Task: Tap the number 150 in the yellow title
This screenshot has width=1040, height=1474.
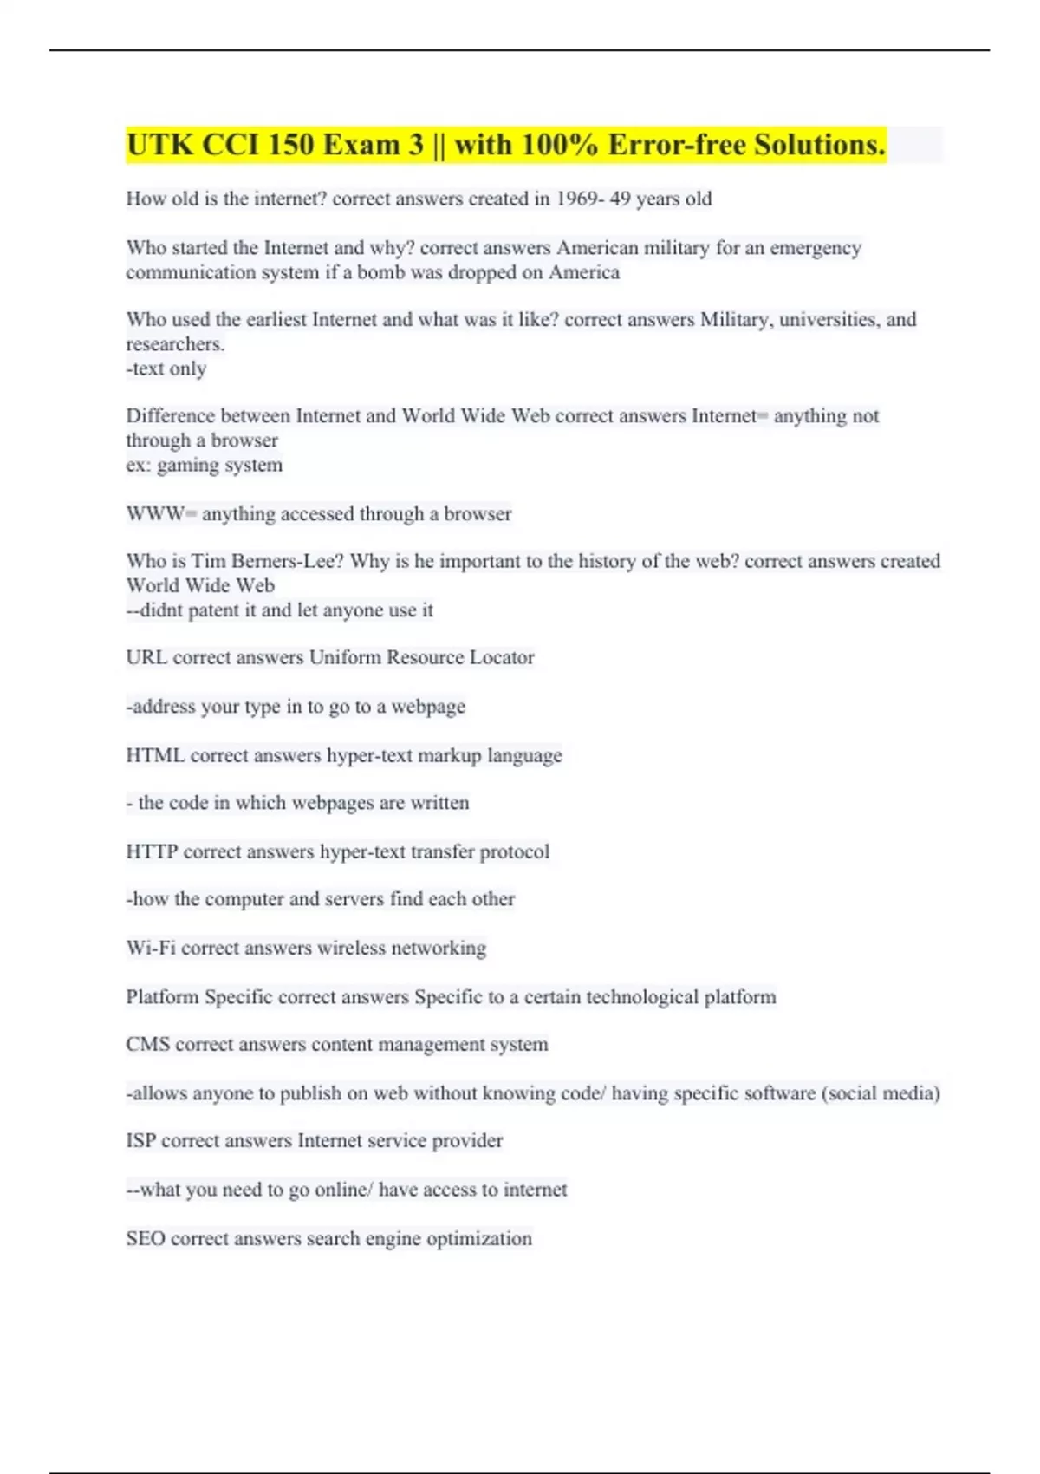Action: click(290, 145)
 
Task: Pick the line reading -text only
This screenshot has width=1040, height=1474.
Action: click(166, 368)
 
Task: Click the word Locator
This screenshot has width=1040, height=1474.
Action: click(501, 657)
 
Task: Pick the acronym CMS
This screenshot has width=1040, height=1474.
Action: click(147, 1044)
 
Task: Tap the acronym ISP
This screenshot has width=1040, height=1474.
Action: click(140, 1140)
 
